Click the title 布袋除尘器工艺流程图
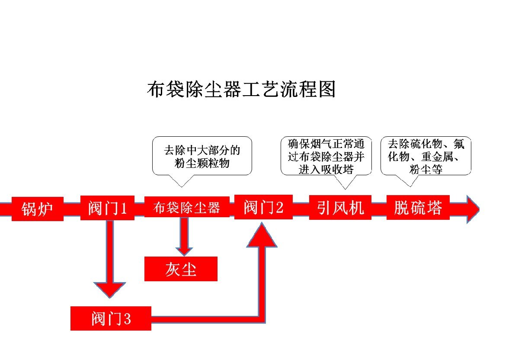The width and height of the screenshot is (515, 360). pos(241,89)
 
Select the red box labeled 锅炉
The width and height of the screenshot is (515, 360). pos(38,209)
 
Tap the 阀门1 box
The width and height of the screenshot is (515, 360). pos(107,209)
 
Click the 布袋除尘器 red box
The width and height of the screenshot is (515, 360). pos(186,208)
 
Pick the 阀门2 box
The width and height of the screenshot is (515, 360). pos(263,207)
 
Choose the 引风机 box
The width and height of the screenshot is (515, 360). pos(340,208)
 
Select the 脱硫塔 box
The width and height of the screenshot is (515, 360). pos(418,208)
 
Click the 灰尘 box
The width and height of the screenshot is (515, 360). pos(181,269)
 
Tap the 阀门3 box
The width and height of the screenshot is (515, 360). pos(111,318)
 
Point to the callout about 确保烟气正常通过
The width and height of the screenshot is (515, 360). pos(326,156)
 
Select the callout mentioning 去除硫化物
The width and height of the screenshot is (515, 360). pos(425,156)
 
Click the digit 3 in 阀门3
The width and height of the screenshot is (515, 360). pos(127,319)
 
